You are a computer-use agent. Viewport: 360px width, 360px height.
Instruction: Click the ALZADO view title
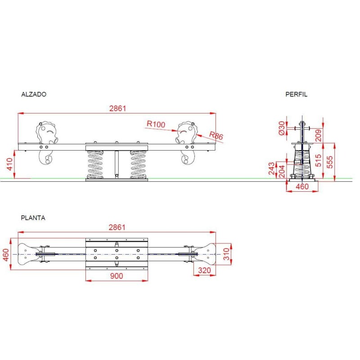click(34, 94)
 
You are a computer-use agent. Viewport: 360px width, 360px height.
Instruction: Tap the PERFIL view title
click(296, 94)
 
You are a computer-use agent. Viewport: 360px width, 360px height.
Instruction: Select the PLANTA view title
click(33, 218)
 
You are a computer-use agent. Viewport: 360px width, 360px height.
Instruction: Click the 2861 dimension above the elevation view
click(117, 108)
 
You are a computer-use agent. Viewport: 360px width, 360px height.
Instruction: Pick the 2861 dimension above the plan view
click(117, 227)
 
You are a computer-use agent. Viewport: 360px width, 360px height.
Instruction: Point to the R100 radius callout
click(156, 124)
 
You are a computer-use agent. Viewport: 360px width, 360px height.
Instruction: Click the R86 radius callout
click(216, 135)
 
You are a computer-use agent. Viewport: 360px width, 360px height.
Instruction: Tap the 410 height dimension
click(10, 164)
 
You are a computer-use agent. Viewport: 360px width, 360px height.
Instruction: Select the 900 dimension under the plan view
click(117, 276)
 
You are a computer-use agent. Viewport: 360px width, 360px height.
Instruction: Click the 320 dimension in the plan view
click(204, 270)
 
